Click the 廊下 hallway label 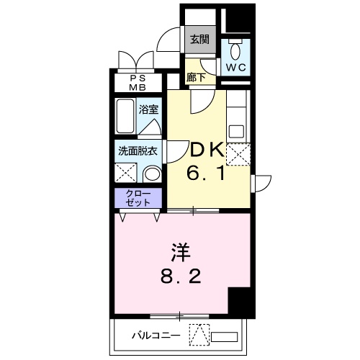click(x=195, y=76)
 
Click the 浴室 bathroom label click(x=149, y=111)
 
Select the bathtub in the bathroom click(x=125, y=117)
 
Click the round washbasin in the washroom click(x=151, y=174)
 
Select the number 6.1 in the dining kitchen click(x=208, y=174)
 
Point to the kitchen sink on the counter click(x=237, y=132)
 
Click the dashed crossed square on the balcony click(x=199, y=335)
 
